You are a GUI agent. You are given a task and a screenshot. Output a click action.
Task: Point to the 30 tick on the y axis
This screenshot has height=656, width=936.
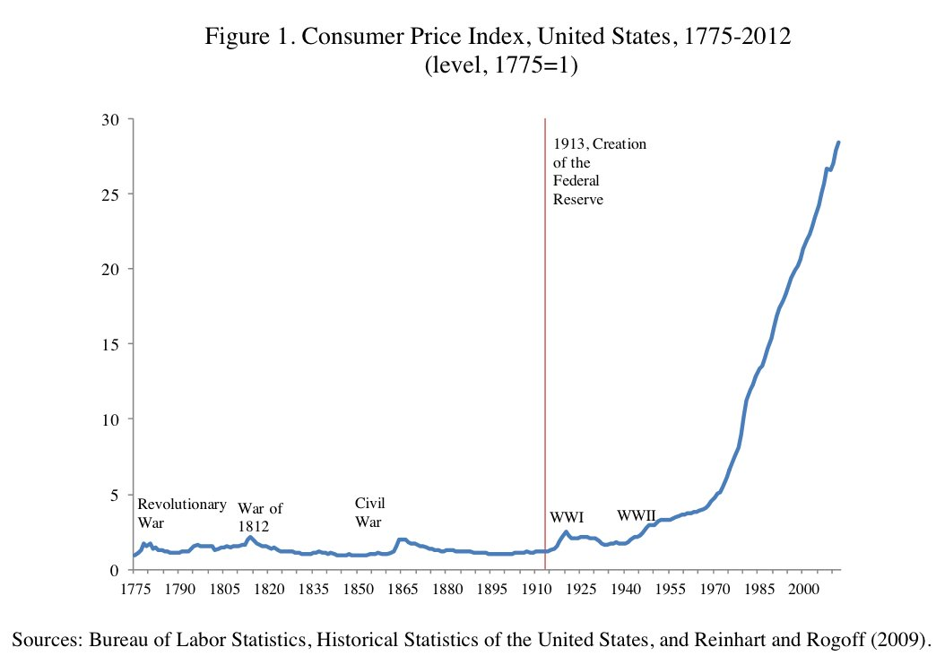114,119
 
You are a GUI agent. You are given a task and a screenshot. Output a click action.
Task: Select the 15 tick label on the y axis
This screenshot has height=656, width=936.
114,344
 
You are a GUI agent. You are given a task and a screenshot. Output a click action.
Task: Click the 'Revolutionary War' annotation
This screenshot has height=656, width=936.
181,513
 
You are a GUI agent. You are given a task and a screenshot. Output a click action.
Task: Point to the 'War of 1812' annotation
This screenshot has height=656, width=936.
260,517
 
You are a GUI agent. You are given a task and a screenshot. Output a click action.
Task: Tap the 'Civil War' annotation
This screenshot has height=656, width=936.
370,512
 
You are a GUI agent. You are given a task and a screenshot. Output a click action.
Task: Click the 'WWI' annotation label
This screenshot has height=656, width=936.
567,517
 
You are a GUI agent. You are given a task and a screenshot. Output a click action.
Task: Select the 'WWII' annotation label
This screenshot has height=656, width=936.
637,515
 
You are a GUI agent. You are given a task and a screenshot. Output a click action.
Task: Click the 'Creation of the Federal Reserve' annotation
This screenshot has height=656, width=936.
599,171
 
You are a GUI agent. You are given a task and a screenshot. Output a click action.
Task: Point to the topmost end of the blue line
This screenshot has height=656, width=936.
838,142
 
